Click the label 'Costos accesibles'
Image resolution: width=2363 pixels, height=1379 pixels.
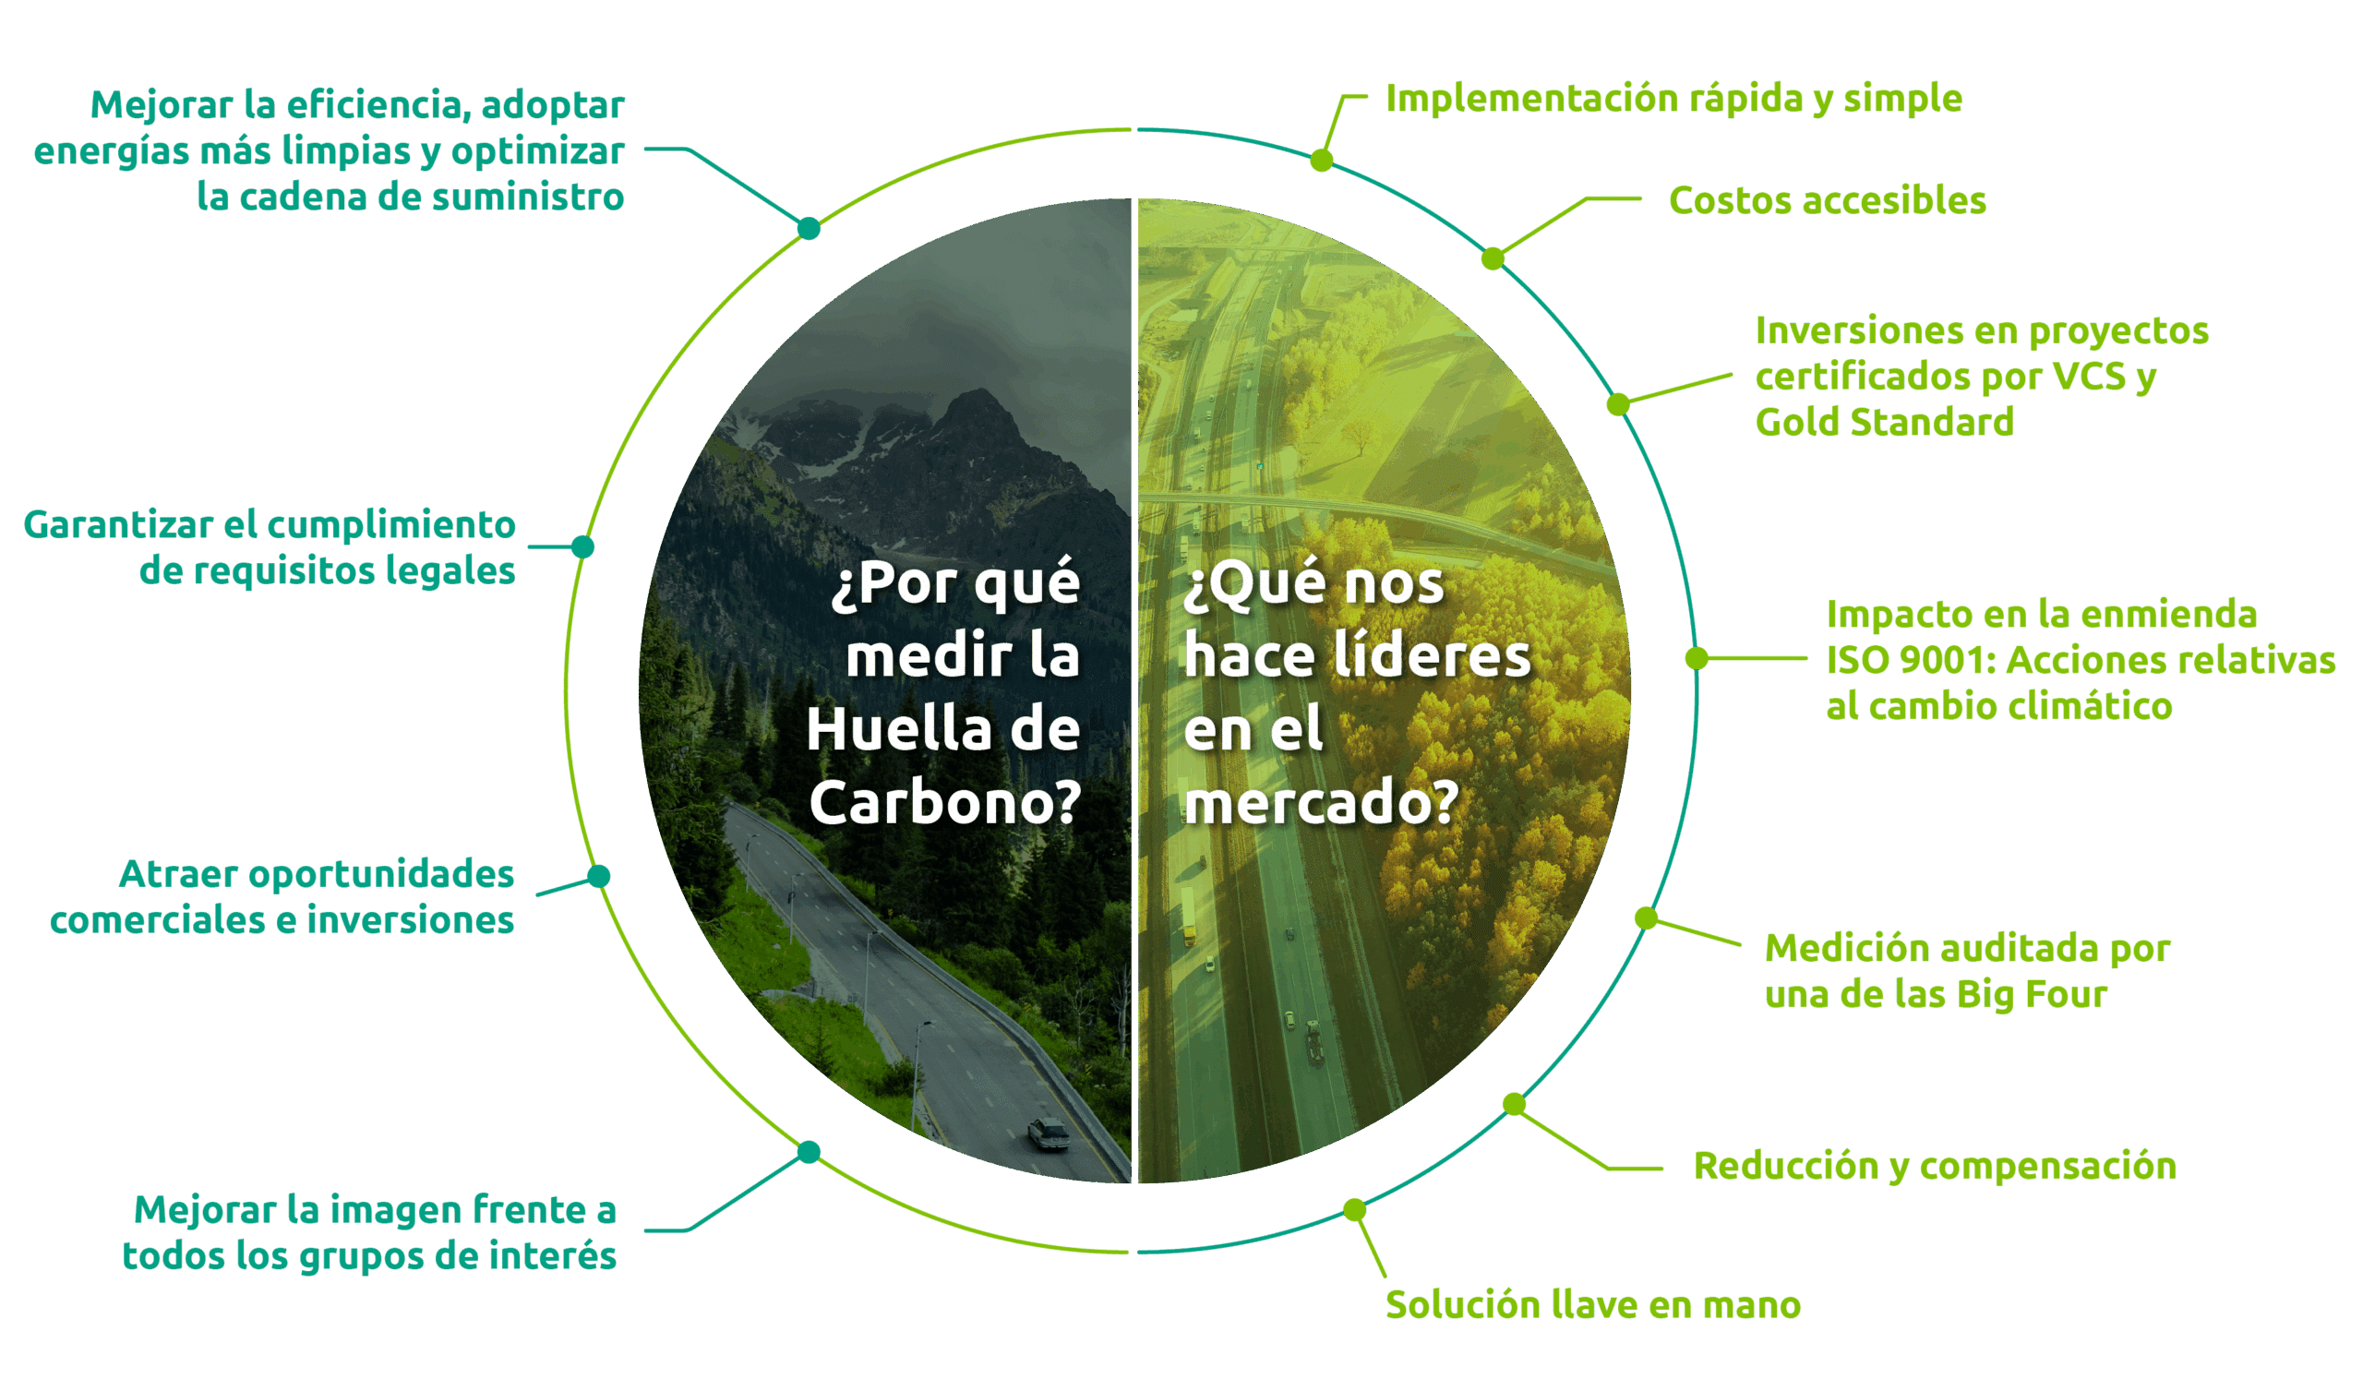(x=1827, y=200)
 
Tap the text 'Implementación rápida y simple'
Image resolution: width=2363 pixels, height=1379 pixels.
(x=1673, y=100)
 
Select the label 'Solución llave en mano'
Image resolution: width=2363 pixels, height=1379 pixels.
(x=1593, y=1305)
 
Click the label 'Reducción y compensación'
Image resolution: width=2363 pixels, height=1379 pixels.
(x=1935, y=1167)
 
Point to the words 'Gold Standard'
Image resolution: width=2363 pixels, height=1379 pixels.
(x=1885, y=423)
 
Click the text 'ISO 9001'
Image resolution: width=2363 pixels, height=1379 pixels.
(x=1909, y=661)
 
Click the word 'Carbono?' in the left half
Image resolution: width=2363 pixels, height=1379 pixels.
(x=945, y=803)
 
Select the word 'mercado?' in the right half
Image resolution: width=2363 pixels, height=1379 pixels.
(x=1322, y=803)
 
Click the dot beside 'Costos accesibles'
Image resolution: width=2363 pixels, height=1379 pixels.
(x=1493, y=258)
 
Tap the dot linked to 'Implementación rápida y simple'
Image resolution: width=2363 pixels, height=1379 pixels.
(x=1322, y=161)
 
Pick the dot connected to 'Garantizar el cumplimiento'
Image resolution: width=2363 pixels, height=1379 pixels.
(x=582, y=546)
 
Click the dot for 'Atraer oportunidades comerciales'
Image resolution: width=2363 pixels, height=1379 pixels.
(x=599, y=877)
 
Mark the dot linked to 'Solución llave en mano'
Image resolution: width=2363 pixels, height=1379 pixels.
(x=1355, y=1210)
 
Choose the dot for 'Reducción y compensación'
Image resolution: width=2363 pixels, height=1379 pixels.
(x=1515, y=1104)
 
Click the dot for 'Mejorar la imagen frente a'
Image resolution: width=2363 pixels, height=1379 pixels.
(x=810, y=1152)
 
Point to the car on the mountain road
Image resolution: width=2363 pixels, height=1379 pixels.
(x=1049, y=1134)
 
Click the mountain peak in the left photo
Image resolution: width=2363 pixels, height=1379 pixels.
(x=976, y=399)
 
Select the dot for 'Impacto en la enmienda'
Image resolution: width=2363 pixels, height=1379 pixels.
(x=1697, y=659)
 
